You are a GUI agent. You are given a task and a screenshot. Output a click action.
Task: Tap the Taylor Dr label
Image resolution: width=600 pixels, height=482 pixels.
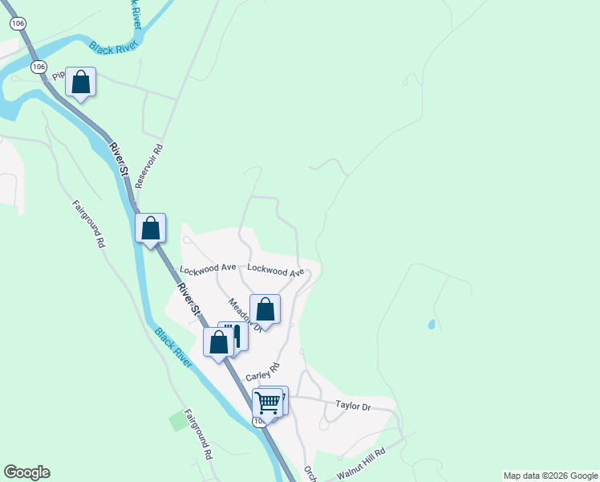[x=354, y=406]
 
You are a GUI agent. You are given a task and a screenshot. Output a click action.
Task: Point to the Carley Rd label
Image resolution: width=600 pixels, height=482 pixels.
[x=262, y=372]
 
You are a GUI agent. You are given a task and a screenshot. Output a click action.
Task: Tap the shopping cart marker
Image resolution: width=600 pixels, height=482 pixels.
[x=267, y=403]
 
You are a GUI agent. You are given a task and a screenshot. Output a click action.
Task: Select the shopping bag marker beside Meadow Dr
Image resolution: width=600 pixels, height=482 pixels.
[x=265, y=309]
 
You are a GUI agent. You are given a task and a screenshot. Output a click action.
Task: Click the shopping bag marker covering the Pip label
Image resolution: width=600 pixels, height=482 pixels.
[x=80, y=81]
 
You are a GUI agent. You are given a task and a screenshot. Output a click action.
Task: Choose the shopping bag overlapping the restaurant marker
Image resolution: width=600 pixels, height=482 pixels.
[x=218, y=342]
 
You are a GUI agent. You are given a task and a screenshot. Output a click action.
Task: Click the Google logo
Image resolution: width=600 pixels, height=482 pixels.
[x=26, y=472]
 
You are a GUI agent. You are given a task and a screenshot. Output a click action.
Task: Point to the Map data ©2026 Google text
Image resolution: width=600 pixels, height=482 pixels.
[x=551, y=476]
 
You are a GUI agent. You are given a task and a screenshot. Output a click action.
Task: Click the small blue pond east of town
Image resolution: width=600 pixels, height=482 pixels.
[x=432, y=325]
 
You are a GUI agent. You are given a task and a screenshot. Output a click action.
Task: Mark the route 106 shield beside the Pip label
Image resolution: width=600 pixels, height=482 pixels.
[x=38, y=66]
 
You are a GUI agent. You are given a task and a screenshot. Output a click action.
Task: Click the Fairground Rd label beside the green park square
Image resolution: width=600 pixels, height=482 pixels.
[x=197, y=435]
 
